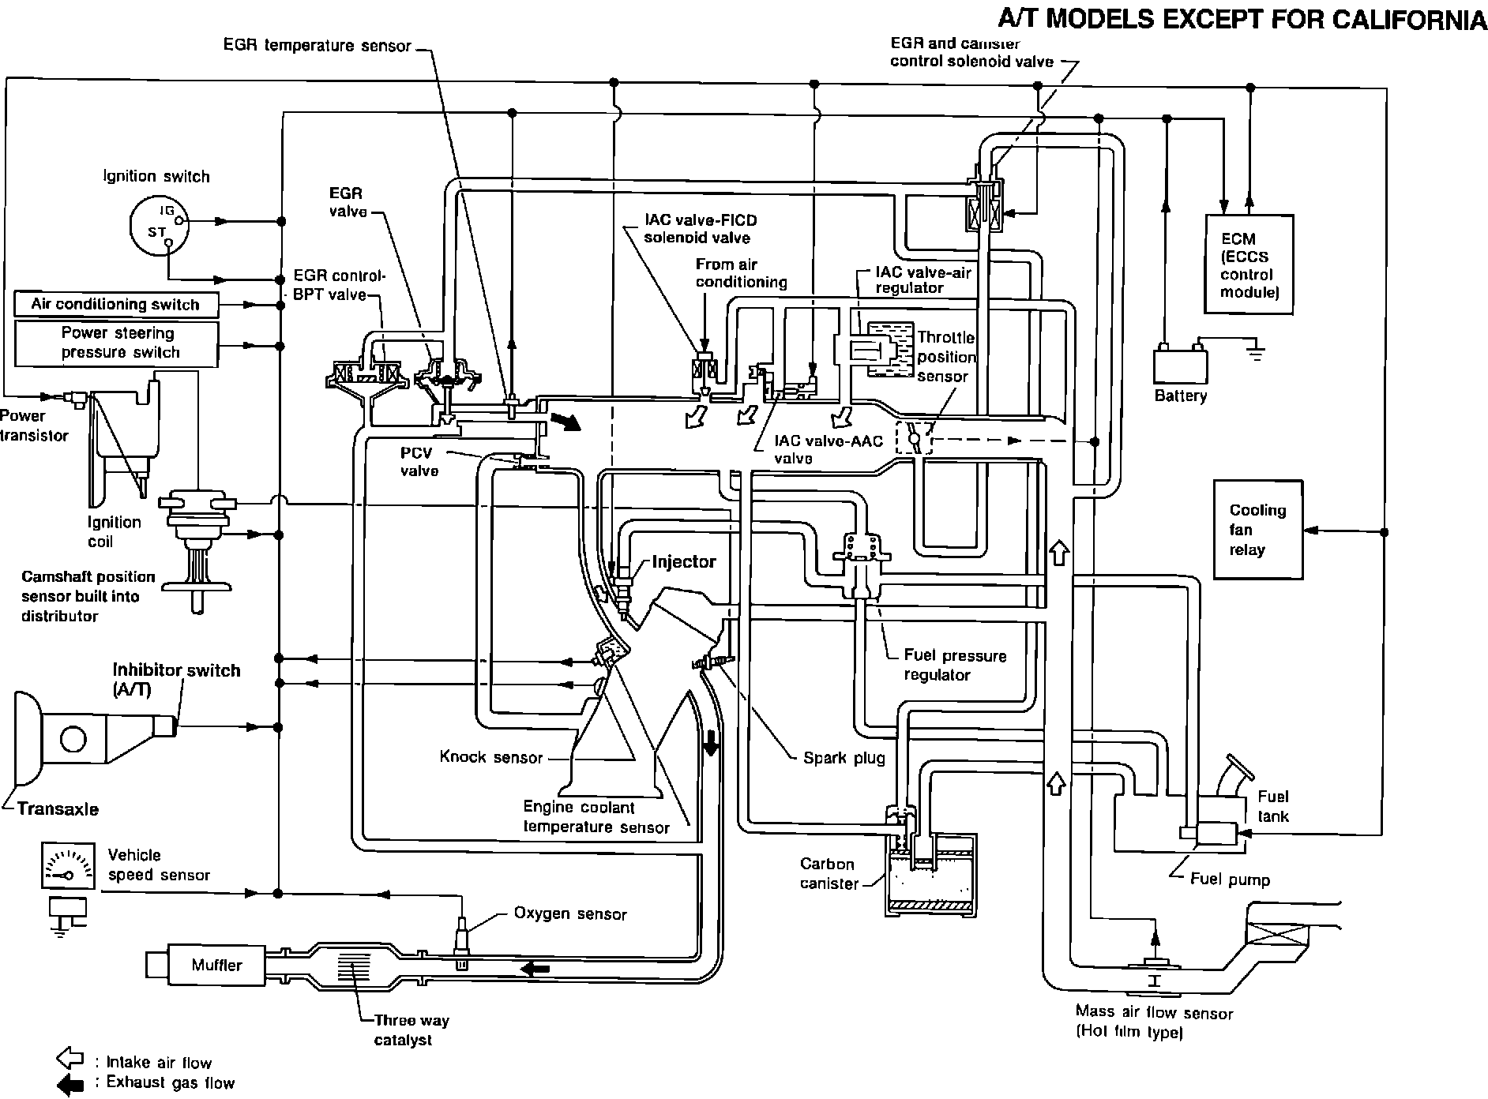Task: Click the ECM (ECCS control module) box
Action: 1248,264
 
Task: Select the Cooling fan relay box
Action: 1258,530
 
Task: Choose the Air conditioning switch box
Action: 115,304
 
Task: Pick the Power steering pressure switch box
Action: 115,343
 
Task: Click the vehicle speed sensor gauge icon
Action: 66,866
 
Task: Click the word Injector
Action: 684,562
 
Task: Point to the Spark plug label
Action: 844,758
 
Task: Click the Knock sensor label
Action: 491,758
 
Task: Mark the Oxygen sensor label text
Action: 570,914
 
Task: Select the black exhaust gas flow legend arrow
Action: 70,1085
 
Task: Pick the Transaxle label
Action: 58,809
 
